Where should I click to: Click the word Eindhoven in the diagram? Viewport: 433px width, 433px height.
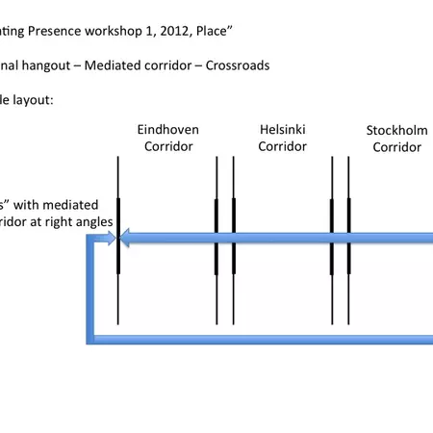168,130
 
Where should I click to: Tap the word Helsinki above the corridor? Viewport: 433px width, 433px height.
283,130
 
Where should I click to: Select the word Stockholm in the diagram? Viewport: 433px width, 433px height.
396,130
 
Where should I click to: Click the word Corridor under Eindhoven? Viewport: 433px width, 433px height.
168,147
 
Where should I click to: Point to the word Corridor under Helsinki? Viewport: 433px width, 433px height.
283,147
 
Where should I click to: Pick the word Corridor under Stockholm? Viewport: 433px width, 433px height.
396,147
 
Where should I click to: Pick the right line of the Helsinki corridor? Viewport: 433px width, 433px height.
234,289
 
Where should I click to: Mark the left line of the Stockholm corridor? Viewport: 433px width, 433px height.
332,289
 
